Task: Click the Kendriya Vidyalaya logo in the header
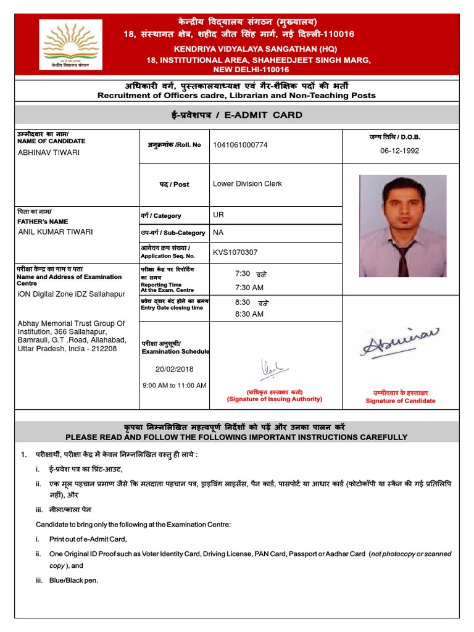(x=71, y=44)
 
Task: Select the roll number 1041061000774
(x=241, y=145)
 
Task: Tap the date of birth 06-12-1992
(x=399, y=151)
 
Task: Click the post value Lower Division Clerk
(x=247, y=184)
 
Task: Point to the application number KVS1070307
(x=235, y=252)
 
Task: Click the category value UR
(x=218, y=215)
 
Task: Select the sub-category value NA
(x=218, y=233)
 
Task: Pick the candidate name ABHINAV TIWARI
(x=49, y=152)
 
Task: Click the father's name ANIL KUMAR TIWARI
(x=56, y=232)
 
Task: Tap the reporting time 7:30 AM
(x=249, y=288)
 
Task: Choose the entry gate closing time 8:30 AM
(x=249, y=314)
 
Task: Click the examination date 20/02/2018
(x=175, y=369)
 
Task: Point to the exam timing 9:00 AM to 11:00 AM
(x=174, y=385)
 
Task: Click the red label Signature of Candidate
(x=400, y=401)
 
